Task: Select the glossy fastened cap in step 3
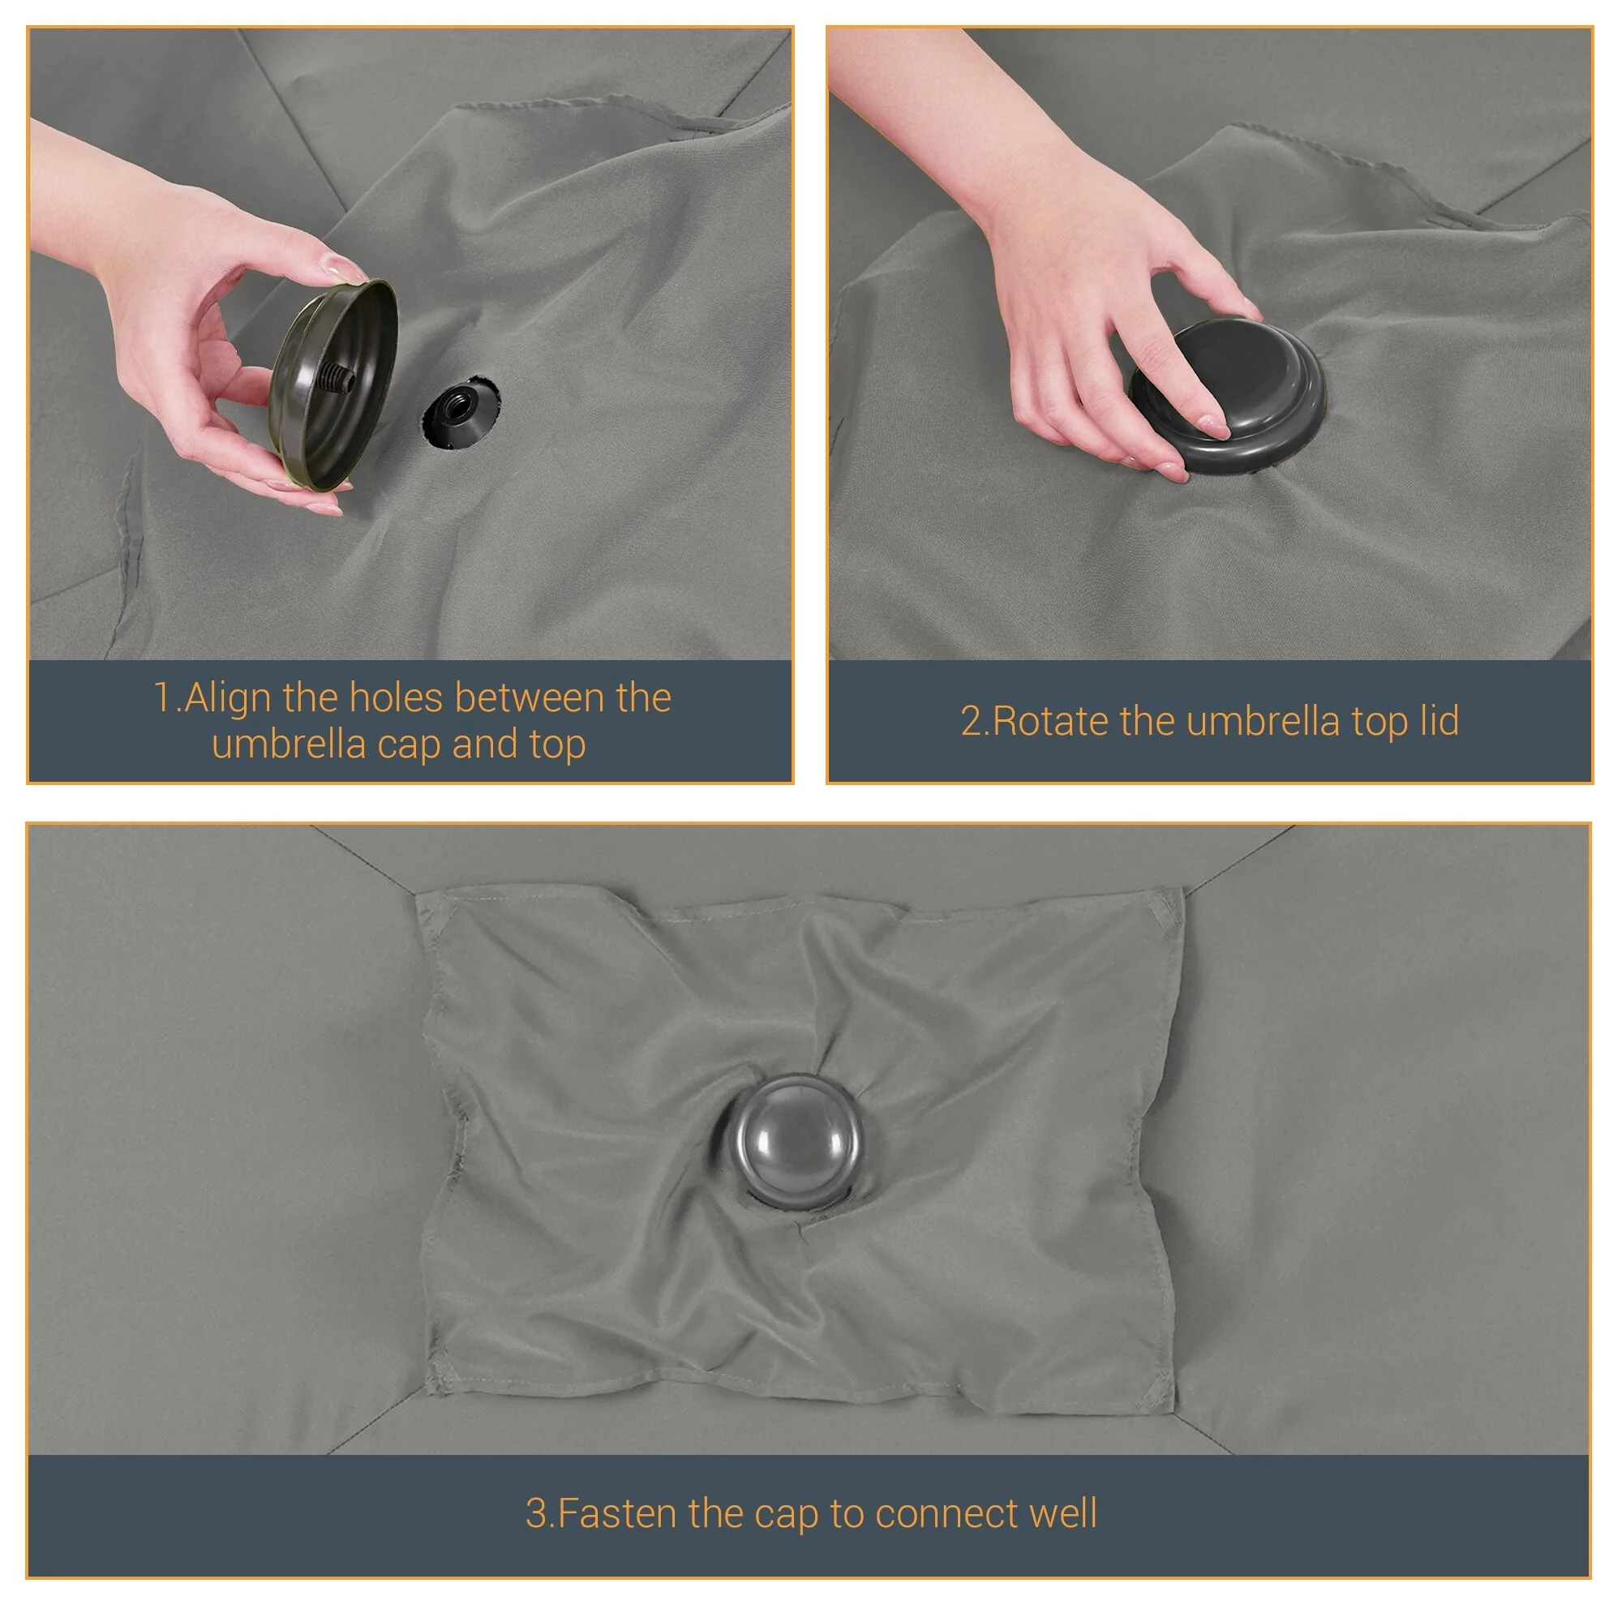(x=792, y=1142)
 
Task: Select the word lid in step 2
(x=1439, y=720)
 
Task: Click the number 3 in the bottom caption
(x=535, y=1513)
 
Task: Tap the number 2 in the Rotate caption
(x=971, y=721)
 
